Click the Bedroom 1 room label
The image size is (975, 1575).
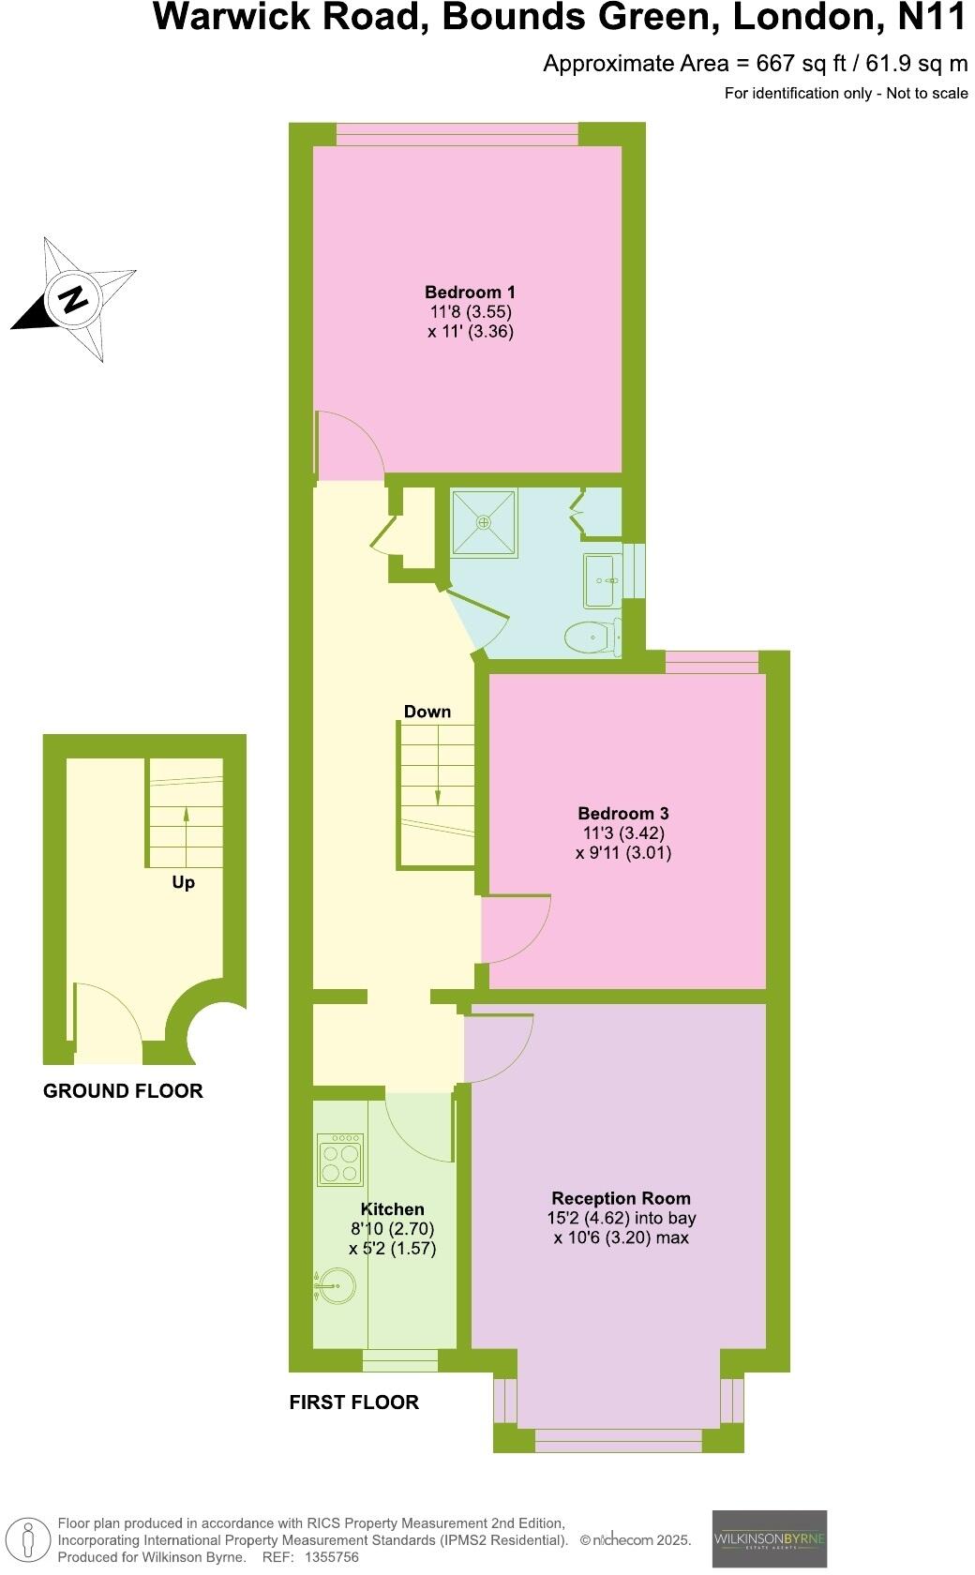point(470,292)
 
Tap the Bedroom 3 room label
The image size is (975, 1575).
point(622,814)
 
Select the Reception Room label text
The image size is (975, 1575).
point(621,1198)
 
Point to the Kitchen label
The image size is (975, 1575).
point(393,1209)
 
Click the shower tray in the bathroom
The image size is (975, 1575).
point(485,523)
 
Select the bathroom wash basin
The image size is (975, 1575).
point(600,580)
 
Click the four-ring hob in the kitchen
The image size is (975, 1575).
point(340,1160)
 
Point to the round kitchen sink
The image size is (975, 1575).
point(337,1285)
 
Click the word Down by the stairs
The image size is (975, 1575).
point(427,712)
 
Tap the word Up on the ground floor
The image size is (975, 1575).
point(184,882)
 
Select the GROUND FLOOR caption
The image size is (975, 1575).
point(123,1091)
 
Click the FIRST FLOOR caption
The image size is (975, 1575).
point(353,1402)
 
